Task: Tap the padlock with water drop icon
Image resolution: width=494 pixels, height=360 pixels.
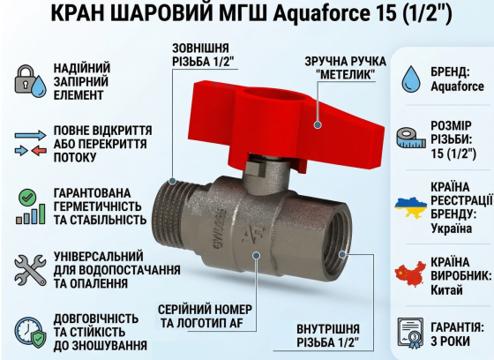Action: coord(31,80)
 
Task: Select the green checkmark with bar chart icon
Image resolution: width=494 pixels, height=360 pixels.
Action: coord(31,205)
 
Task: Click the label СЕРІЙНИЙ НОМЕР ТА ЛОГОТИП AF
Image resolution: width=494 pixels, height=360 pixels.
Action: coord(205,317)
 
